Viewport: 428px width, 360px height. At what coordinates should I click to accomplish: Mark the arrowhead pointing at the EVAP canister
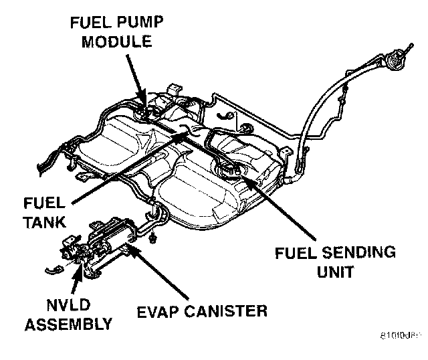131,249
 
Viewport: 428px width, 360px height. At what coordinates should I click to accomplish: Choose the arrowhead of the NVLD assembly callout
83,269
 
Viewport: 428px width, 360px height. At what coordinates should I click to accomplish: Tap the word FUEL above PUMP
86,23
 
